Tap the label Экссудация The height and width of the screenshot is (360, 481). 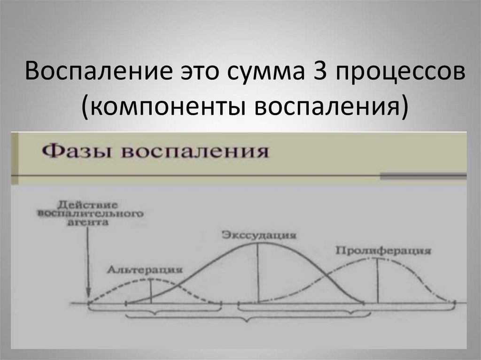(x=259, y=235)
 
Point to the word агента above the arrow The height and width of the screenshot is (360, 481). (x=88, y=223)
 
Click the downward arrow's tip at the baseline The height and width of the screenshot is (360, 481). (x=88, y=300)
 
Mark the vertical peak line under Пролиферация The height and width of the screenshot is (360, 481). (x=378, y=282)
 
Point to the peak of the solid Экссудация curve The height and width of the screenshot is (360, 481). (x=258, y=245)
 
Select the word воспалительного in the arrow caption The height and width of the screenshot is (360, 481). (x=89, y=214)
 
